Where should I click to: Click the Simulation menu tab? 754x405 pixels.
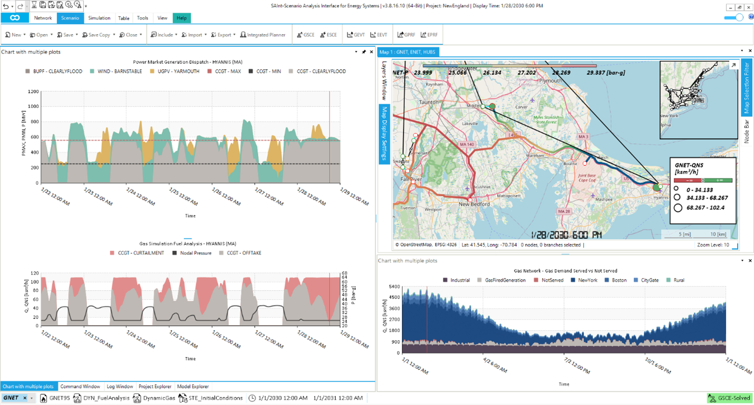point(99,18)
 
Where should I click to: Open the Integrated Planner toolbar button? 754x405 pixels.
point(263,35)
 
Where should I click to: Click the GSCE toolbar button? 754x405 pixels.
point(305,35)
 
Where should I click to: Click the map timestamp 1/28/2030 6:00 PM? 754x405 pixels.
point(566,234)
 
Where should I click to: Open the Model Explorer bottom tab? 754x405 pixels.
point(192,387)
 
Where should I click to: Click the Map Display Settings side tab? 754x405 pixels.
point(384,134)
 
